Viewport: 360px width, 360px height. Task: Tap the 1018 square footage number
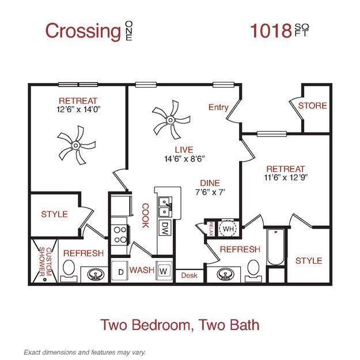[270, 31]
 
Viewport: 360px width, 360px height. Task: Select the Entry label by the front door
[218, 107]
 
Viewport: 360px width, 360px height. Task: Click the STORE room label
[312, 106]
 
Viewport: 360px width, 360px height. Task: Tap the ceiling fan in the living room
[169, 119]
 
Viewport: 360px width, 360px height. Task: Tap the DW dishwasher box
[165, 227]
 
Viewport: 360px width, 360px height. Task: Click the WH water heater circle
[229, 228]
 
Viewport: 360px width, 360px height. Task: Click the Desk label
[189, 276]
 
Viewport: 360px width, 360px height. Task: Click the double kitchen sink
[165, 202]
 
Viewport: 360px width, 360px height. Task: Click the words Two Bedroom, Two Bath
[180, 324]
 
